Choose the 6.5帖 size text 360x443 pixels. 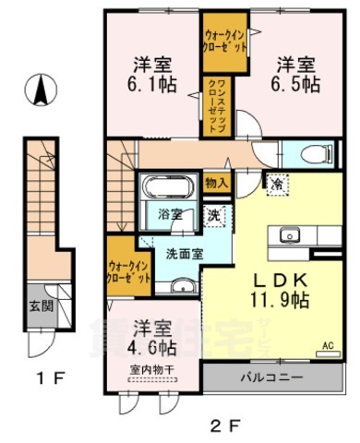[296, 83]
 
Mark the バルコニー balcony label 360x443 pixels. [267, 377]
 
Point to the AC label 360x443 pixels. [326, 347]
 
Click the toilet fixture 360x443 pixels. [309, 155]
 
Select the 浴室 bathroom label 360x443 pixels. [170, 215]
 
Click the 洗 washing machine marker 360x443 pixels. [212, 216]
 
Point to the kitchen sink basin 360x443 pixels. [287, 234]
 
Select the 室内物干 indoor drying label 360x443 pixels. [150, 371]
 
